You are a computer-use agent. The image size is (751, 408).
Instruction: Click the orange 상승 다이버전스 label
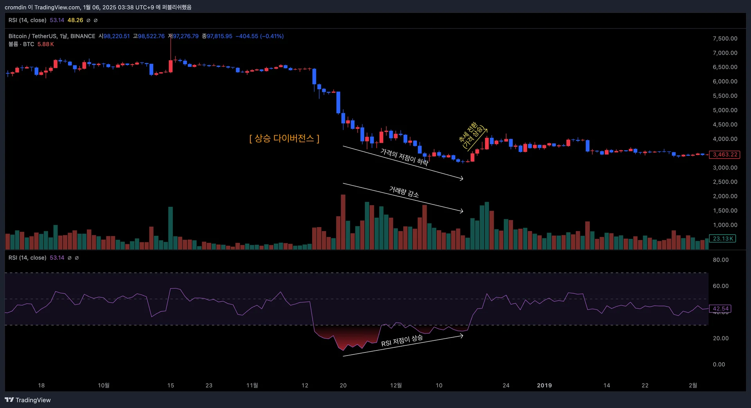pos(284,138)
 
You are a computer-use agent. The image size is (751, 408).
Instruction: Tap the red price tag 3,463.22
pos(724,155)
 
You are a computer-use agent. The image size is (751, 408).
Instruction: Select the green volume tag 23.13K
pos(722,238)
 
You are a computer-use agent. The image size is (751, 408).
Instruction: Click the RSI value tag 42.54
pos(720,309)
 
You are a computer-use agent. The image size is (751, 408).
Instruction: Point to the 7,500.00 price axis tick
pos(725,38)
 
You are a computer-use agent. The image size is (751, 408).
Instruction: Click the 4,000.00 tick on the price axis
pos(725,139)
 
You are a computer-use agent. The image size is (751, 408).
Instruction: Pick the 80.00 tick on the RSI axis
pos(720,260)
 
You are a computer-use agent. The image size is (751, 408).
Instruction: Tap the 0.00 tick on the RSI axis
pos(719,364)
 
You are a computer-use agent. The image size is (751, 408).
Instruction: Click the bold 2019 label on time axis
pos(544,385)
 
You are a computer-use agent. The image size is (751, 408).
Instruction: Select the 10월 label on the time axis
pos(104,385)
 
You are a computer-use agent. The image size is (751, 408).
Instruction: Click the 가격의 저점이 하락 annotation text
pos(404,157)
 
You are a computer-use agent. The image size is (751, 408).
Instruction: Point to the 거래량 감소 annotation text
pos(404,192)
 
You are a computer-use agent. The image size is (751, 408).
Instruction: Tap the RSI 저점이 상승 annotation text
pos(402,340)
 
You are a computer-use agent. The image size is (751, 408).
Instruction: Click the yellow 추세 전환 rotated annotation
pos(472,135)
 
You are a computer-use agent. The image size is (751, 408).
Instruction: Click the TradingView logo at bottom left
pos(28,400)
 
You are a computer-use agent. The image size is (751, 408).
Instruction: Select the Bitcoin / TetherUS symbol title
pos(52,36)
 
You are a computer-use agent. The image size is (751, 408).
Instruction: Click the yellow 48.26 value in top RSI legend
pos(75,20)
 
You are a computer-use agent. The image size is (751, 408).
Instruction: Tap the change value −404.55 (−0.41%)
pos(259,36)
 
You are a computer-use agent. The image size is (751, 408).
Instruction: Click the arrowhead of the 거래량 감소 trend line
pos(462,211)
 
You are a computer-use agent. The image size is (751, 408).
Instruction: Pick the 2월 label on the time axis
pos(693,385)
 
